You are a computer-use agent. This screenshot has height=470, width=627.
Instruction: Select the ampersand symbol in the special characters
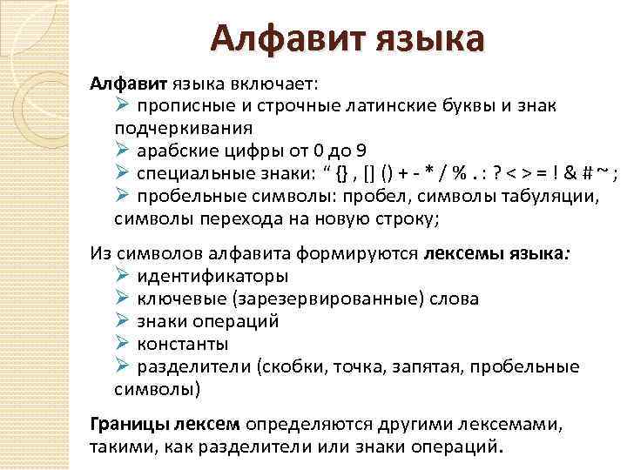pos(566,171)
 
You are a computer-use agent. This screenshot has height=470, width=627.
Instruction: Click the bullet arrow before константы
pos(123,344)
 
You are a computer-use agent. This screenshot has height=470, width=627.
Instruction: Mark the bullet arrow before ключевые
pos(123,299)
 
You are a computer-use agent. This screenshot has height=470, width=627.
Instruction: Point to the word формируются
pos(370,254)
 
